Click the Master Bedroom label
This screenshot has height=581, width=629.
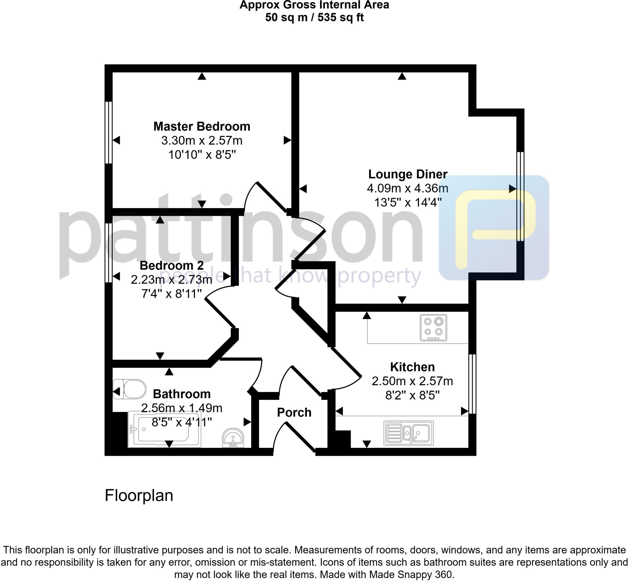[202, 126]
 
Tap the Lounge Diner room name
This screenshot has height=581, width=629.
[408, 174]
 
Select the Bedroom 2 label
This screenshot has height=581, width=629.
[171, 265]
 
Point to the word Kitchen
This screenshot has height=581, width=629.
[412, 367]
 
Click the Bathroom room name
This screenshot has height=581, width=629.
[182, 394]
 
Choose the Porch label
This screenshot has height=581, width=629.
[294, 413]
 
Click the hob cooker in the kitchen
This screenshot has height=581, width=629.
[433, 327]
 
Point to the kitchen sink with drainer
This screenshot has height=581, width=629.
[408, 433]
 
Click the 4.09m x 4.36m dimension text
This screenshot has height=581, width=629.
[408, 188]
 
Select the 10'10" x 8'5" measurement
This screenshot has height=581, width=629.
[202, 155]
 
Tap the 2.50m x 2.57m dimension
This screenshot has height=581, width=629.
[412, 381]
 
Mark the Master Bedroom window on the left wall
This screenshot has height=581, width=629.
[108, 132]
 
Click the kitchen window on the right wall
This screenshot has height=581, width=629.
[472, 384]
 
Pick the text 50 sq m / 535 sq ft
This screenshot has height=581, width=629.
[314, 17]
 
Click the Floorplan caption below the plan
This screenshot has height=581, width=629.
[139, 496]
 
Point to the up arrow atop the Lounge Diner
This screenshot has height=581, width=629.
[402, 76]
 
